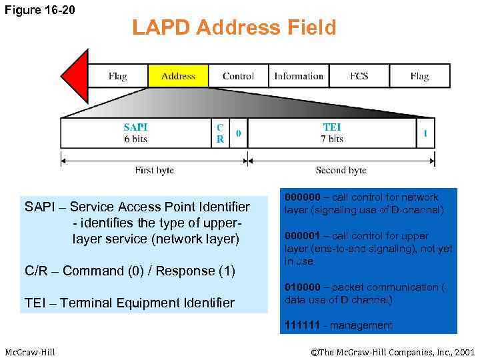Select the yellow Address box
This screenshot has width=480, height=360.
pyautogui.click(x=178, y=76)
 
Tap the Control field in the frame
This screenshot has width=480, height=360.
pyautogui.click(x=238, y=76)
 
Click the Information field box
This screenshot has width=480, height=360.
pyautogui.click(x=299, y=76)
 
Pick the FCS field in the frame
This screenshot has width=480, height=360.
pyautogui.click(x=359, y=76)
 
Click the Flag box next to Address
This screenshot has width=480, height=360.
pyautogui.click(x=118, y=76)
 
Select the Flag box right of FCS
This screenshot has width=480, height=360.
pyautogui.click(x=419, y=76)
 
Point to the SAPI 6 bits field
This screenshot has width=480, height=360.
pyautogui.click(x=135, y=133)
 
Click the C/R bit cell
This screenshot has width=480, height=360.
pyautogui.click(x=220, y=133)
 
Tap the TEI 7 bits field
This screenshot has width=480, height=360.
pyautogui.click(x=331, y=133)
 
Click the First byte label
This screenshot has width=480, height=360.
pyautogui.click(x=154, y=170)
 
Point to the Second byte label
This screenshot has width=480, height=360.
pyautogui.click(x=341, y=170)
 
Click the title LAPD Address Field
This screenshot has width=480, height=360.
pyautogui.click(x=234, y=28)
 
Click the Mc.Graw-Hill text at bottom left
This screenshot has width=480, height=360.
pyautogui.click(x=30, y=351)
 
